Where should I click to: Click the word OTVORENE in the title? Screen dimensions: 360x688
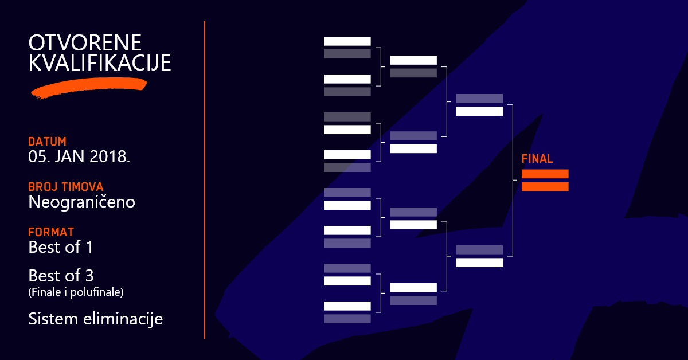click(x=85, y=43)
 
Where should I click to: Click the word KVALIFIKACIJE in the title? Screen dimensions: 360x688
click(x=100, y=62)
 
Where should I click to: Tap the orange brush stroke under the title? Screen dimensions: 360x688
click(x=89, y=88)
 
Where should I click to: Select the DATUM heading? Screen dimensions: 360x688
click(x=47, y=141)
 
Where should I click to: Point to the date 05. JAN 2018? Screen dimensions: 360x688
click(x=79, y=156)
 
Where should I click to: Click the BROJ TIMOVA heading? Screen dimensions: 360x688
click(x=65, y=187)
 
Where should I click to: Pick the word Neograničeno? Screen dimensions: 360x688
click(x=81, y=202)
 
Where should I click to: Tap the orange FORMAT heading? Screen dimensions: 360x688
click(x=51, y=232)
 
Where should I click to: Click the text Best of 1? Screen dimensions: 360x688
click(x=61, y=248)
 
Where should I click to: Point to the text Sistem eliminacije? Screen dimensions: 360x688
click(x=95, y=319)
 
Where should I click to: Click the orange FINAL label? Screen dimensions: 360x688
click(x=537, y=159)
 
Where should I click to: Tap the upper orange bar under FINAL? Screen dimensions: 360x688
click(x=545, y=174)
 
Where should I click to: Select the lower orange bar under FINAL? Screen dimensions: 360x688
click(x=545, y=186)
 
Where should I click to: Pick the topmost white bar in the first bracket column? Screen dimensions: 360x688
click(x=347, y=41)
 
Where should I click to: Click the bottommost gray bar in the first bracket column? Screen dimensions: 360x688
click(x=347, y=319)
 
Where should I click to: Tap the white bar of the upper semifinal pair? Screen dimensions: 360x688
click(x=479, y=111)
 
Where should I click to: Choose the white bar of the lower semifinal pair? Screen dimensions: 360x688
click(x=479, y=263)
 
